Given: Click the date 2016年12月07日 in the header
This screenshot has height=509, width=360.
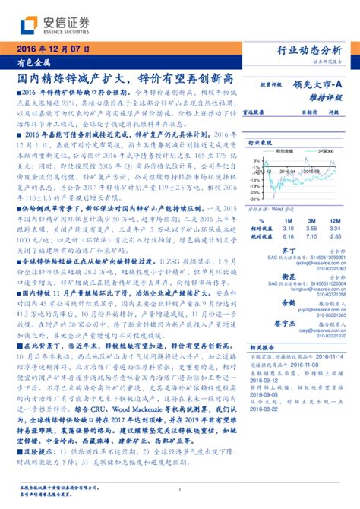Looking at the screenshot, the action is point(47,50).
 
